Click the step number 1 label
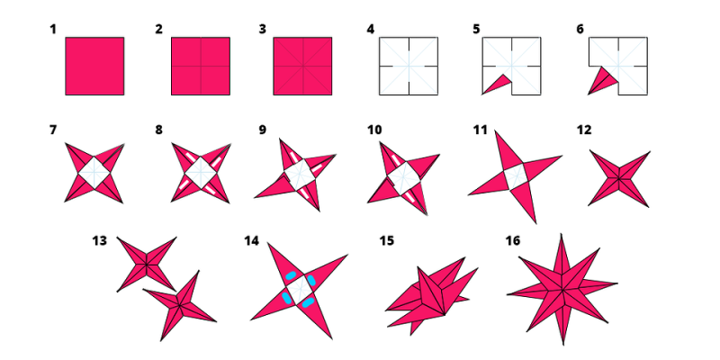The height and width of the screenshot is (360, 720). coord(53,30)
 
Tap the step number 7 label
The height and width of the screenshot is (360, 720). coord(53,130)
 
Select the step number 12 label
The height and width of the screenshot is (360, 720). coord(584,130)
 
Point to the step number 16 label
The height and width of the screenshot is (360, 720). coord(513,240)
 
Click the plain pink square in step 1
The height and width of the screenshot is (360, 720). coord(94,66)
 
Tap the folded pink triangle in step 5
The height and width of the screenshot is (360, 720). coord(498,84)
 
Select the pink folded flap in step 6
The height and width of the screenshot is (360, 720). coord(602,81)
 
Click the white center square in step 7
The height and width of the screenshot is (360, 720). coord(94,173)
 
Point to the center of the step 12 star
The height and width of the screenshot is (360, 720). coord(619,178)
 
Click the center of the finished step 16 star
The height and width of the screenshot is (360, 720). coord(562,289)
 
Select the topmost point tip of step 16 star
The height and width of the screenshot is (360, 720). coord(561,234)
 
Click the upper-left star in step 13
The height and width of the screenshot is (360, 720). coord(147,264)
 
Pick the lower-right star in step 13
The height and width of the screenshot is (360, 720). coord(179,306)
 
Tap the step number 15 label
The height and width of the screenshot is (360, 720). coord(387,240)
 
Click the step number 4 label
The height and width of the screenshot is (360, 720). coord(371,30)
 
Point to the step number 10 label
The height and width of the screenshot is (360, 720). coord(374,130)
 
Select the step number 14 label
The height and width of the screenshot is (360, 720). coord(252,240)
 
